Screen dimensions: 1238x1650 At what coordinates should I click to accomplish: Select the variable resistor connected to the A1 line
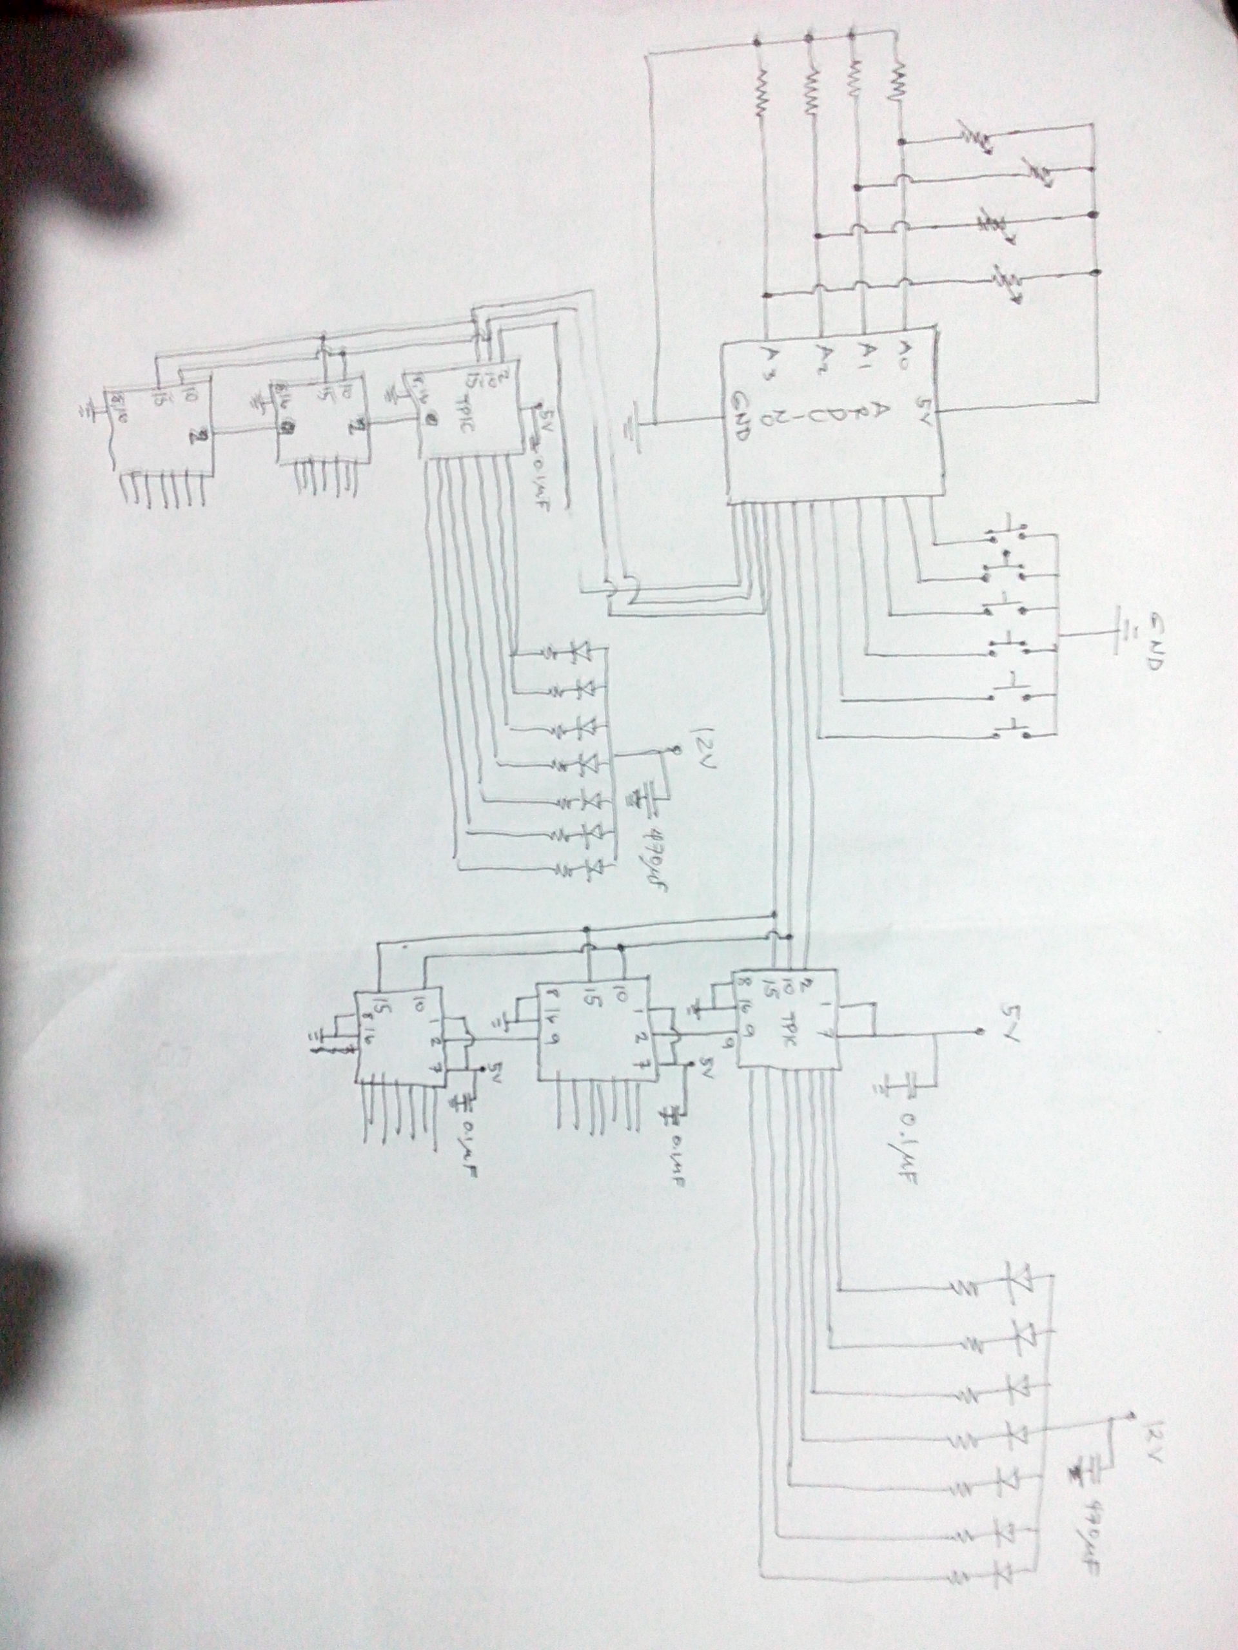tap(1037, 173)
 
